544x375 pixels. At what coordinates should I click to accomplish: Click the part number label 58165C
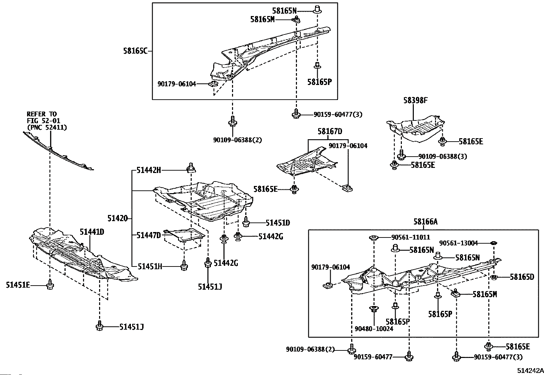coord(135,51)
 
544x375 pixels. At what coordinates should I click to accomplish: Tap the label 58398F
coord(415,101)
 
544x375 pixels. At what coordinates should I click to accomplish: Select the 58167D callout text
coord(329,131)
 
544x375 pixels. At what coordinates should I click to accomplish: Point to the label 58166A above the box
coord(425,222)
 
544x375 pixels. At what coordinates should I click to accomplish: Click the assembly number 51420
coord(118,218)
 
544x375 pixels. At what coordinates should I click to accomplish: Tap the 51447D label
coord(148,235)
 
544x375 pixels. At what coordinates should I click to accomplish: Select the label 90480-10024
coord(374,329)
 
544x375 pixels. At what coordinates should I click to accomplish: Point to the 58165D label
coord(522,277)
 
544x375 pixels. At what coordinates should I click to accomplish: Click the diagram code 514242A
coord(530,371)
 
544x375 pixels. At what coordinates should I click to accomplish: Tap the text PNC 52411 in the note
coord(47,127)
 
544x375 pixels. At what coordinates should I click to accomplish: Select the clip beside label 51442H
coord(190,168)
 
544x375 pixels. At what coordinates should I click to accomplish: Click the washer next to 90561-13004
coord(493,243)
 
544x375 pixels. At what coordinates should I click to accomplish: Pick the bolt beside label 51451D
coord(246,222)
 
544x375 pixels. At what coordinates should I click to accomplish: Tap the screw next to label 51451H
coord(184,265)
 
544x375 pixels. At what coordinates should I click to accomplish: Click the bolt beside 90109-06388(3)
coord(401,155)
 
